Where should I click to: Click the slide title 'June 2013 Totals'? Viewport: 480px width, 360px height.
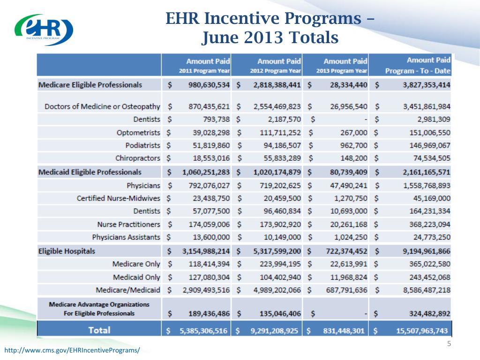[x=270, y=37]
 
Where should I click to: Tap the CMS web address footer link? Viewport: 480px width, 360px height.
[x=72, y=350]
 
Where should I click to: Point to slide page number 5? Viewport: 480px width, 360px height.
[x=449, y=345]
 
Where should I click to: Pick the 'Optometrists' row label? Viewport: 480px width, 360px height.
[x=138, y=133]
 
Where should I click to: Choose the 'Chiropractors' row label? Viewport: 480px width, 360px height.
[x=138, y=158]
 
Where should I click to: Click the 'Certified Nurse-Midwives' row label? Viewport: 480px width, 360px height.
[x=118, y=198]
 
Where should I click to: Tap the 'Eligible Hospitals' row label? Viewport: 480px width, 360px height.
[x=67, y=251]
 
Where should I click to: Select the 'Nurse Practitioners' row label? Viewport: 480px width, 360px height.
[x=128, y=225]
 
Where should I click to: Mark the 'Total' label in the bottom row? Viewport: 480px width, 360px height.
[x=99, y=330]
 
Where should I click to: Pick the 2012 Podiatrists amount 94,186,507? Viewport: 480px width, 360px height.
[x=280, y=145]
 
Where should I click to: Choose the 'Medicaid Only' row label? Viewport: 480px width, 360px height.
[x=136, y=277]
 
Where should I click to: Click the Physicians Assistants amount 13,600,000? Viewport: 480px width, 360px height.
[x=209, y=237]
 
